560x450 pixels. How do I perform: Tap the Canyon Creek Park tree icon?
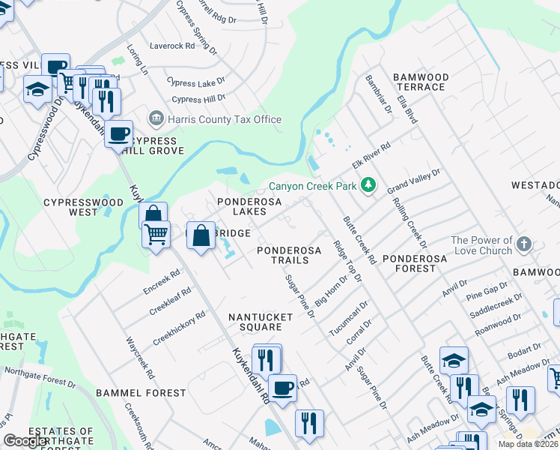[367, 184]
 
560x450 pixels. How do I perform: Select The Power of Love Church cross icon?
[523, 244]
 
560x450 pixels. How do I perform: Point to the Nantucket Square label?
[261, 322]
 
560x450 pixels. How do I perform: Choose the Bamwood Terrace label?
[420, 82]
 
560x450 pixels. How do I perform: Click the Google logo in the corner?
[25, 441]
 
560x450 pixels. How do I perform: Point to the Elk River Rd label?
[373, 157]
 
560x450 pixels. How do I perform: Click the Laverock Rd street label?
[171, 46]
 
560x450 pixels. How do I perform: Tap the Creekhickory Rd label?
[179, 328]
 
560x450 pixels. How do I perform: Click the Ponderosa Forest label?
[414, 258]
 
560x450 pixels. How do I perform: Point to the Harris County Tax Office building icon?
[156, 118]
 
